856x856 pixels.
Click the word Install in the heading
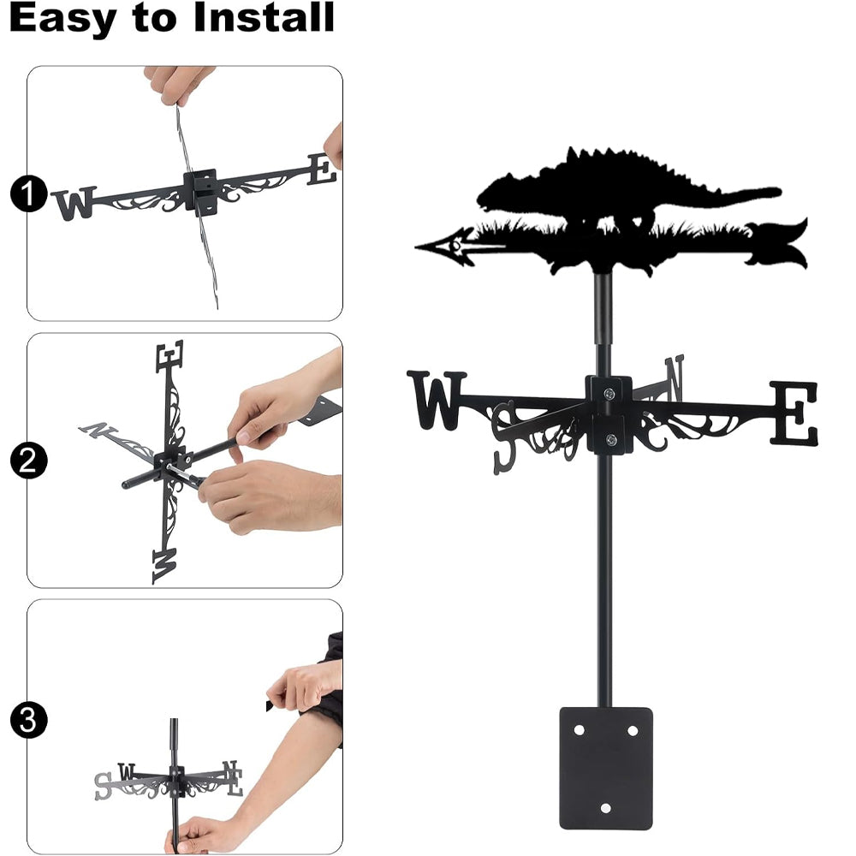click(264, 17)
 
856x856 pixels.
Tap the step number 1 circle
click(28, 193)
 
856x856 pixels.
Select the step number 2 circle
click(28, 461)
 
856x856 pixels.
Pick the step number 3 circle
click(28, 720)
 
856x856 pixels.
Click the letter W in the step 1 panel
click(74, 203)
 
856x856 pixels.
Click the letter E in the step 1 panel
click(322, 169)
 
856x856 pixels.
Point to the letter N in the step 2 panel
click(98, 430)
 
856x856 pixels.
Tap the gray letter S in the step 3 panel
click(102, 786)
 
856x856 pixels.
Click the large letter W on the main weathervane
click(437, 400)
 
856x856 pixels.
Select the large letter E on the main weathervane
click(794, 413)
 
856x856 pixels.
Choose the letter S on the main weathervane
click(503, 437)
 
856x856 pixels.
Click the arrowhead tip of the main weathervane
click(416, 247)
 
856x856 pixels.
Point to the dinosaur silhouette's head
click(494, 192)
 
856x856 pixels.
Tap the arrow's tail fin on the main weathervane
click(778, 244)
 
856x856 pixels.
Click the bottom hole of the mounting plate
click(605, 808)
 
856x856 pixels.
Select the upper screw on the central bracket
click(609, 393)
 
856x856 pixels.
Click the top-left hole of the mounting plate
click(579, 730)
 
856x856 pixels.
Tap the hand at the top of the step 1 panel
click(177, 83)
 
